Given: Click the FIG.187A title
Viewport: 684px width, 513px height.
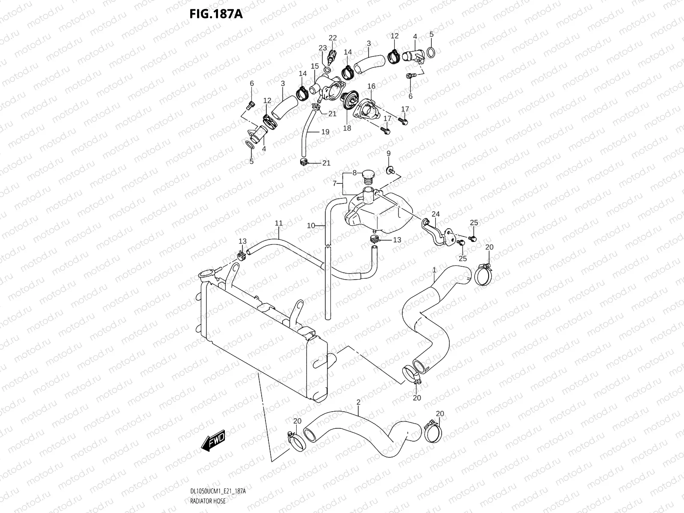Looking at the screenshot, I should point(216,14).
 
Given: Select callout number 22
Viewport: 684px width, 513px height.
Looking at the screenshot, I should point(333,38).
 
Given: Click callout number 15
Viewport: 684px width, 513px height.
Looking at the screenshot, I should point(315,66).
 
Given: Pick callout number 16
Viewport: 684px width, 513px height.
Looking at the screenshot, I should point(371,86).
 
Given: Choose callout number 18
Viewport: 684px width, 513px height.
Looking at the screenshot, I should point(347,128).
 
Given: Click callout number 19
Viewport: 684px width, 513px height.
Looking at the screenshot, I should point(325,132).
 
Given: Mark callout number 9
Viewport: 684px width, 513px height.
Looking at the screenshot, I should point(389,153).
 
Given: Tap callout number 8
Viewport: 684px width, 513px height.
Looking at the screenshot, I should point(354,173).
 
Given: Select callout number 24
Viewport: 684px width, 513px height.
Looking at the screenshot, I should point(436,214).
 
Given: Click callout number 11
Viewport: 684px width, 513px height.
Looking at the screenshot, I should point(279,223).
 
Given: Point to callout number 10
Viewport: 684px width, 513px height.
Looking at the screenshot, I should point(311,225).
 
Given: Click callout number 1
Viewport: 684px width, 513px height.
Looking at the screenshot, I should point(434,270).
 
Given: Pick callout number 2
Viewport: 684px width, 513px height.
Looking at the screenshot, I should point(358,402).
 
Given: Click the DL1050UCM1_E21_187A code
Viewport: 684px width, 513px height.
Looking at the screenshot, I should point(218,492).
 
